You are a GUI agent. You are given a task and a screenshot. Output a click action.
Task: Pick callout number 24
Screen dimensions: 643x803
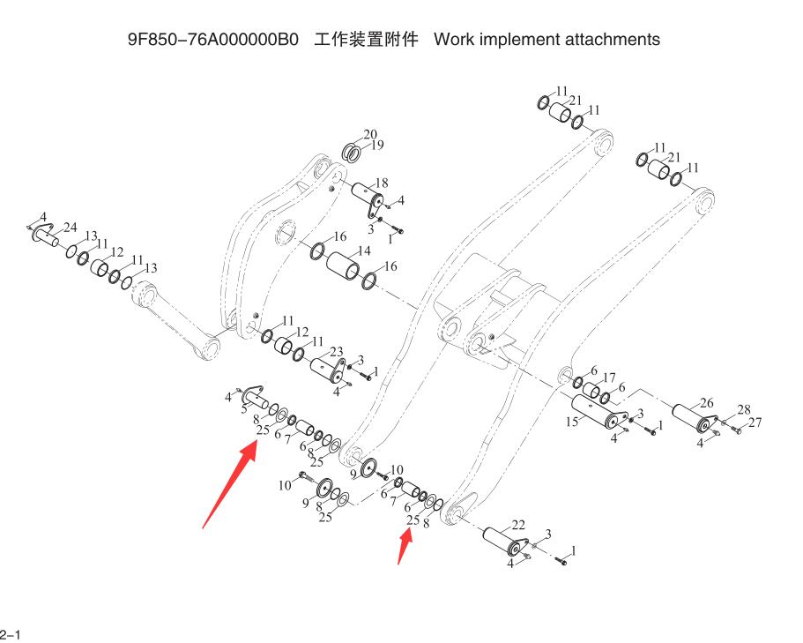[x=71, y=228]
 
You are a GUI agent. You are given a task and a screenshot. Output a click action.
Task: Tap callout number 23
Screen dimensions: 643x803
[x=336, y=352]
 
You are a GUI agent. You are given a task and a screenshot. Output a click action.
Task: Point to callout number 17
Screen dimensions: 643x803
[x=608, y=377]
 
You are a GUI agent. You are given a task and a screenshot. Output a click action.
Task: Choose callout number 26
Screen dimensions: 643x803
[x=706, y=403]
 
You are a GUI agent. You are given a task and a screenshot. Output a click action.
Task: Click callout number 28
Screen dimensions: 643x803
[x=744, y=410]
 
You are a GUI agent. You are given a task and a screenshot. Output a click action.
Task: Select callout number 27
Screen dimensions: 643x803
[x=755, y=423]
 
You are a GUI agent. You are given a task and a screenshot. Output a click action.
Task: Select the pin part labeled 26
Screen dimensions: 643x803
[x=691, y=415]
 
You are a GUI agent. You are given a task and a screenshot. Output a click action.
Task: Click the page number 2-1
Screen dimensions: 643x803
[x=10, y=633]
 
